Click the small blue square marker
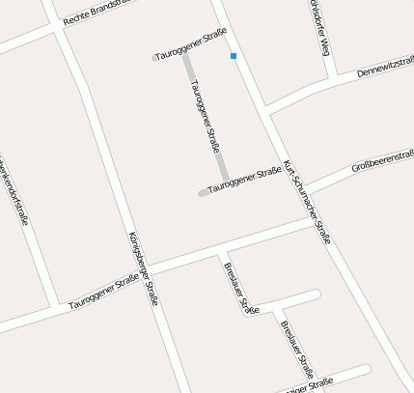234,57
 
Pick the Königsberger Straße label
142,268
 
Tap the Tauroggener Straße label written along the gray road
205,117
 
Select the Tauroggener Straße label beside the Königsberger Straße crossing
105,294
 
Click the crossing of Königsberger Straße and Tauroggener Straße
148,269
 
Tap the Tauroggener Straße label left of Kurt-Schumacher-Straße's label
243,180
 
